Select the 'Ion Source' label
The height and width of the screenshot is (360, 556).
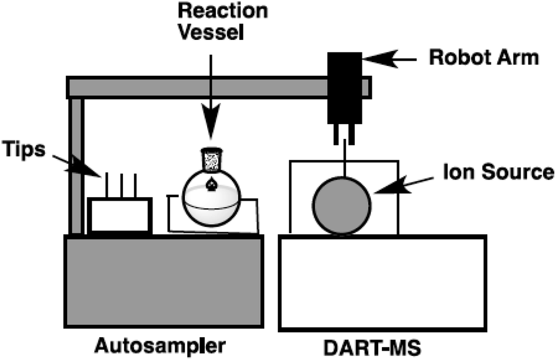[x=498, y=173]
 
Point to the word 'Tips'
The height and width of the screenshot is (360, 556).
[x=23, y=149]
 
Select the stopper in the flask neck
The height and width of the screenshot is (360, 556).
[x=212, y=159]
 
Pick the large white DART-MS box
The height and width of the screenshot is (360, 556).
[x=382, y=282]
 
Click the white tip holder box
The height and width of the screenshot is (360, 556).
[x=120, y=215]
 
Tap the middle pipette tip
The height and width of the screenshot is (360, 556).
[x=121, y=185]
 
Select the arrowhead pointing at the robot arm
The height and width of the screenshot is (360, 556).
[x=377, y=58]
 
